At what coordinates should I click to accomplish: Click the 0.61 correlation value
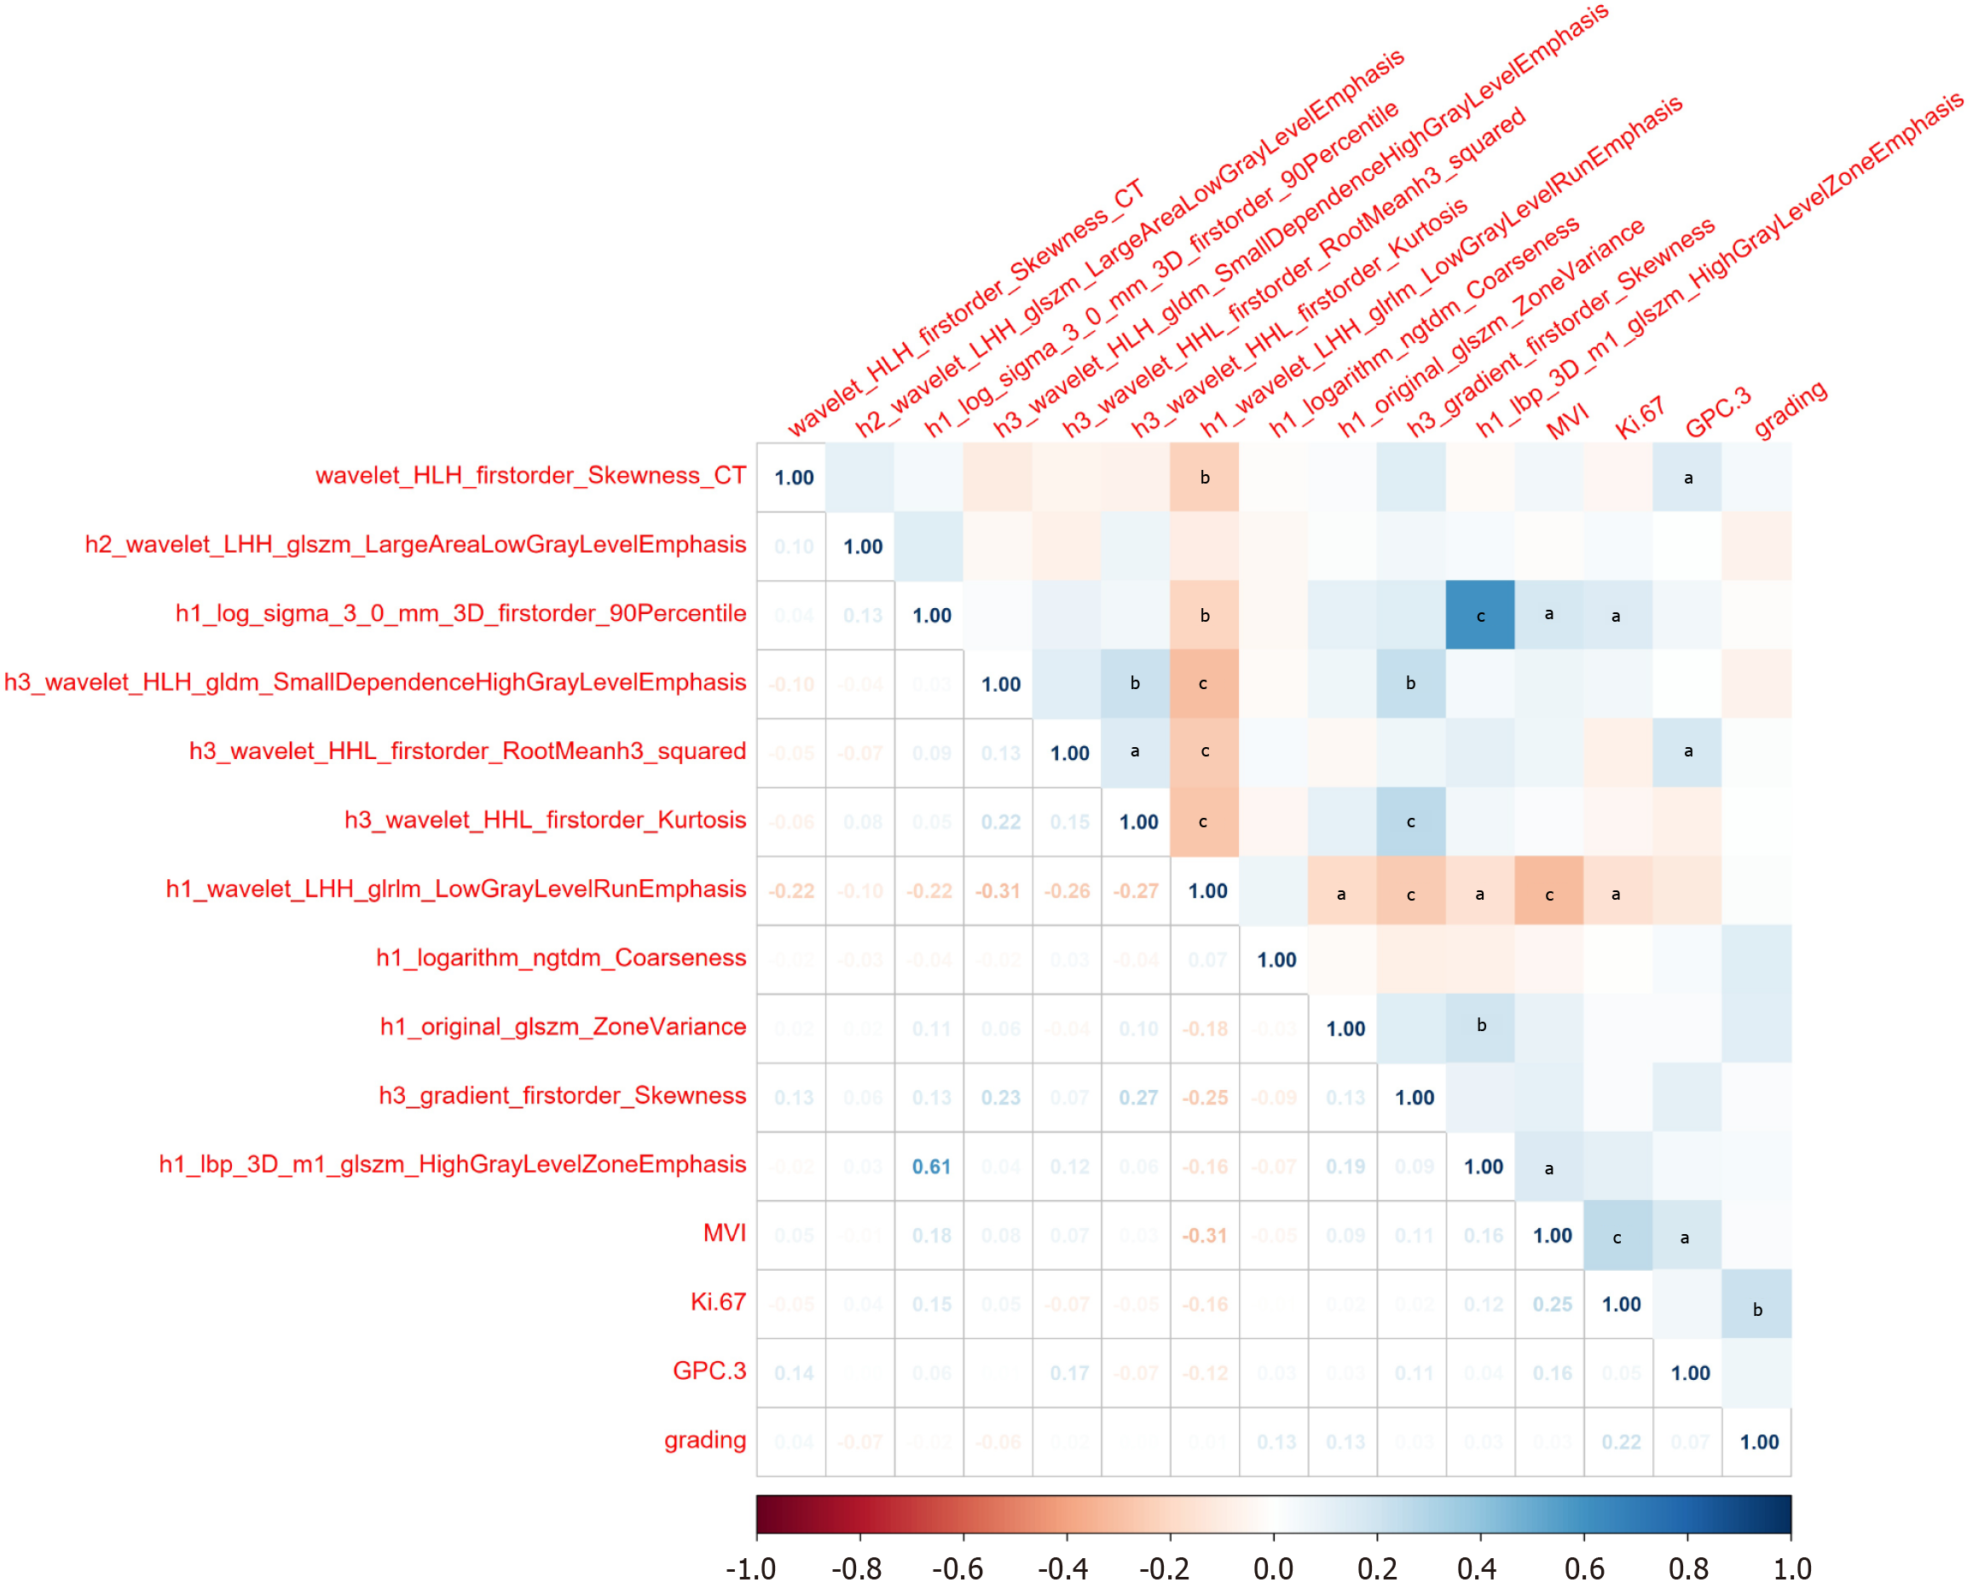tap(932, 1166)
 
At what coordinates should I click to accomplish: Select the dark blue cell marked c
tap(1480, 616)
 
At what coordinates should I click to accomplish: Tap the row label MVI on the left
tap(724, 1233)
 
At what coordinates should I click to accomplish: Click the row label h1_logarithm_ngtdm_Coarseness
tap(561, 958)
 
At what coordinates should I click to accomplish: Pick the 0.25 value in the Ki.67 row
tap(1552, 1304)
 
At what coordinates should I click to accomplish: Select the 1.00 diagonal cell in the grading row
tap(1758, 1442)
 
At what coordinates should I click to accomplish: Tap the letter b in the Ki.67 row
tap(1757, 1310)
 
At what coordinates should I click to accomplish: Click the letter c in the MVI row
tap(1617, 1238)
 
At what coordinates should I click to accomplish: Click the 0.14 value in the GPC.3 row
tap(794, 1373)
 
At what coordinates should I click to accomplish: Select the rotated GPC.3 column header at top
tap(1718, 412)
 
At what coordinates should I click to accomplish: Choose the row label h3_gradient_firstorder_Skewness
tap(562, 1096)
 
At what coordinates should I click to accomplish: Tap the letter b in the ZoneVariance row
tap(1481, 1025)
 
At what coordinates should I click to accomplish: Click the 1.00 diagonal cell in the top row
tap(794, 478)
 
